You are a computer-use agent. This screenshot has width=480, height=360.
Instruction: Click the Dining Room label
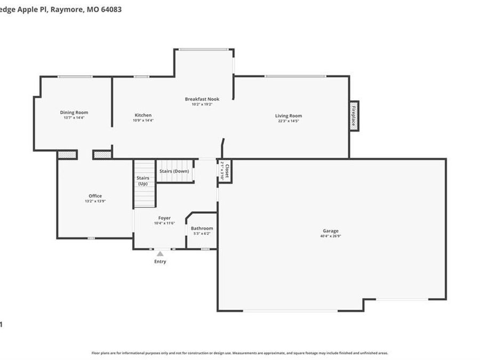74,113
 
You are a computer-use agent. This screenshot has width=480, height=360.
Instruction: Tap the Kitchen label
143,115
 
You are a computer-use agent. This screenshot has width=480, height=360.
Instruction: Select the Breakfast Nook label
202,99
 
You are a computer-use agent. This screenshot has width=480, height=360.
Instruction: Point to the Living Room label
289,116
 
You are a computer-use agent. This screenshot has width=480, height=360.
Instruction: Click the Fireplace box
354,116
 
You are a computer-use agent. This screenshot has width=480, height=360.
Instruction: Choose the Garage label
330,231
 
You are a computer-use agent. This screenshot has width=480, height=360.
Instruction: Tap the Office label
95,196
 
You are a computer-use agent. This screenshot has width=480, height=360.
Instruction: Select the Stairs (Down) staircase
174,171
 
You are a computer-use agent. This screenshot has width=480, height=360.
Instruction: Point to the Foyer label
164,218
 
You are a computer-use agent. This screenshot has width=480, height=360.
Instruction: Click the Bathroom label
202,228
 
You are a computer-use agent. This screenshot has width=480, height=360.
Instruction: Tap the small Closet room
225,171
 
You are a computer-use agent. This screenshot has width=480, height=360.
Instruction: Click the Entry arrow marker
160,254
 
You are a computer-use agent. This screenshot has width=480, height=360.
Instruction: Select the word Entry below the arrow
160,261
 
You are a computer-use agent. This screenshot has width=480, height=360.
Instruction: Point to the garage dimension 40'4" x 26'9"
330,236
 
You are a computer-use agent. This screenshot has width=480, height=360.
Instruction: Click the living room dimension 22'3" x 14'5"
289,121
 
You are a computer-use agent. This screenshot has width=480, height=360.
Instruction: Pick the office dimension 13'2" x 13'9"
95,202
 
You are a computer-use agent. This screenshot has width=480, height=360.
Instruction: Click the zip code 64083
111,9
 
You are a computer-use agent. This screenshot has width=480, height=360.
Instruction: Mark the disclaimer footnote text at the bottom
239,353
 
